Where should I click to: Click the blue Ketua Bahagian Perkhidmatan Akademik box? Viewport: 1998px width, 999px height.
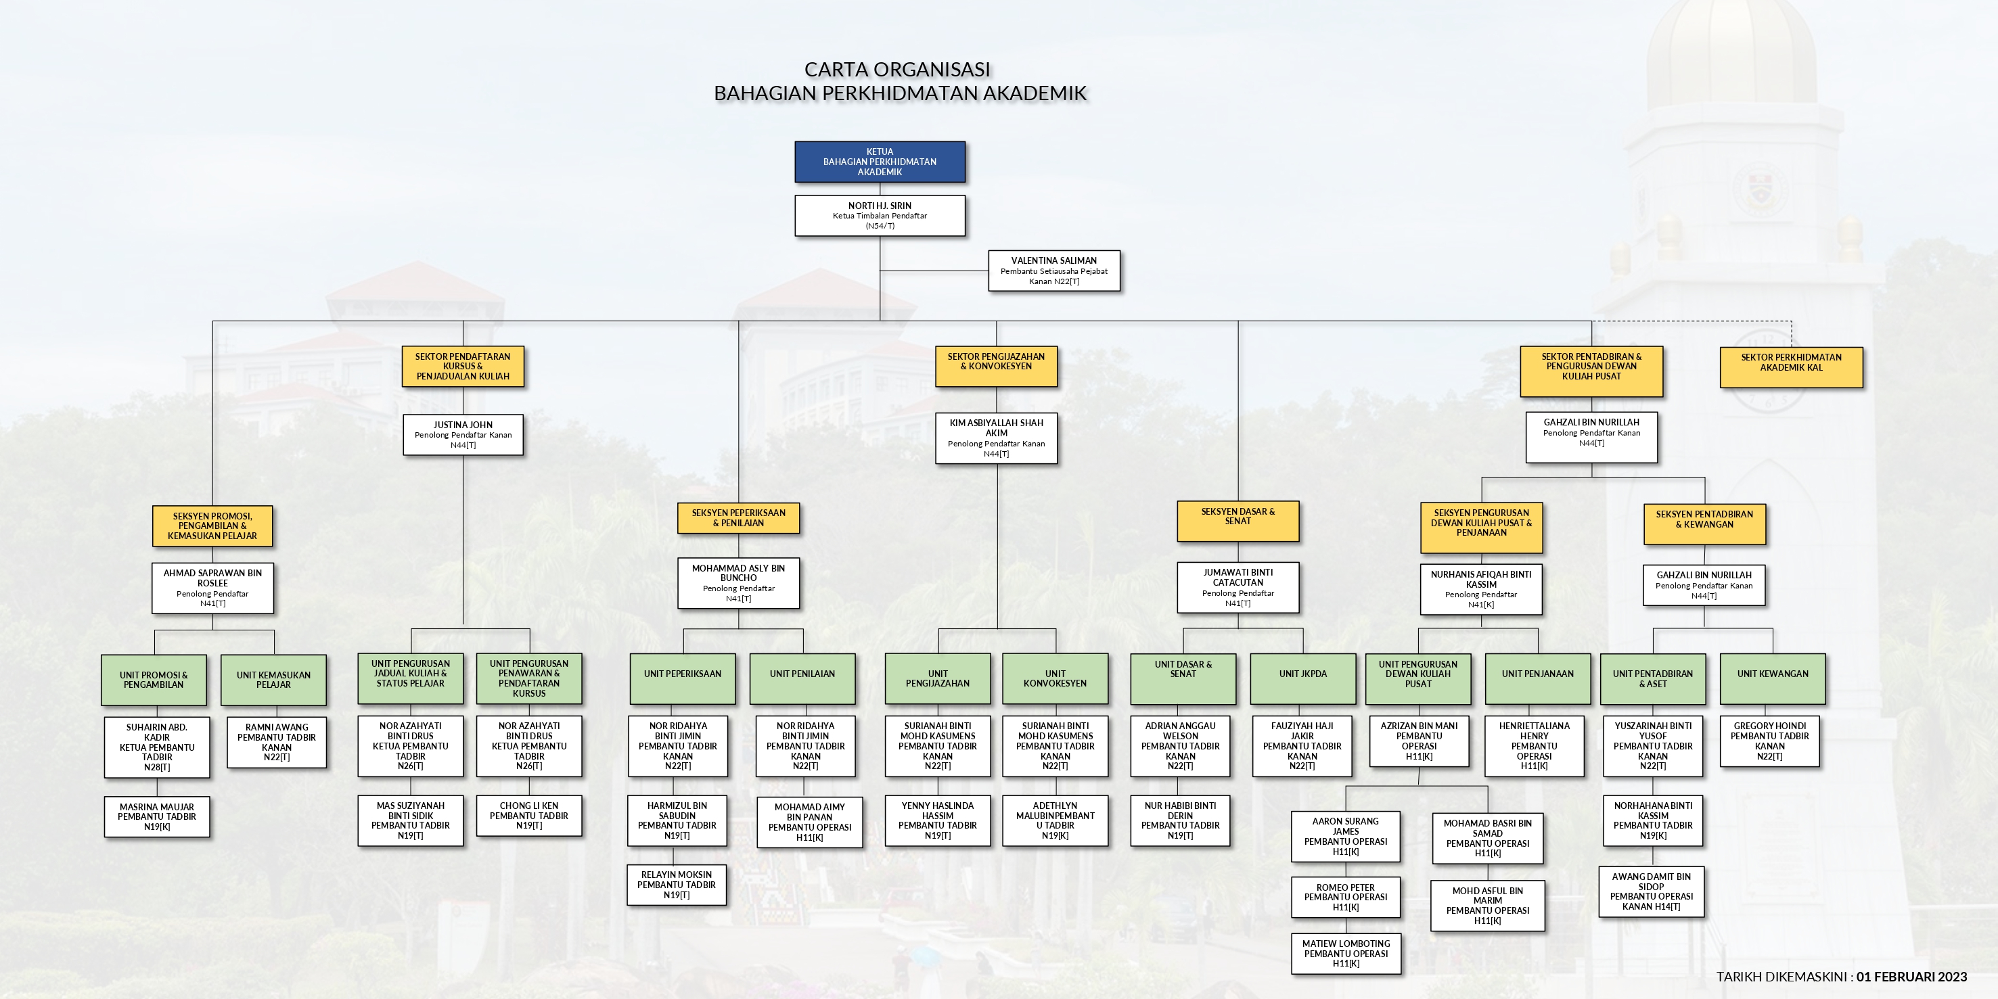coord(880,162)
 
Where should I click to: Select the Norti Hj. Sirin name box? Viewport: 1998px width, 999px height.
coord(880,216)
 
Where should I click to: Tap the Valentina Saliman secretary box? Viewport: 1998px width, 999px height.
coord(1053,271)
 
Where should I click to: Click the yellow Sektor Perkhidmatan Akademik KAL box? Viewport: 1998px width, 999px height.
coord(1791,367)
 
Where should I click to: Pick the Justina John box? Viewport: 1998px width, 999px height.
coord(463,434)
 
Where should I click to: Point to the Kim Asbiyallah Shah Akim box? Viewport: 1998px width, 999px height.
coord(996,438)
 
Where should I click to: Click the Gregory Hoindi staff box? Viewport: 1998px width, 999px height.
coord(1769,741)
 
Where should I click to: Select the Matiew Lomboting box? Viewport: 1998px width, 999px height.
coord(1346,953)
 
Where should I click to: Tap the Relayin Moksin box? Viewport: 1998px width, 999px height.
coord(677,884)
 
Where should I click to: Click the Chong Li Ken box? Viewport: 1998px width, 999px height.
coord(529,815)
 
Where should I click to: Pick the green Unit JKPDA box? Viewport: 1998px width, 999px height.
coord(1302,678)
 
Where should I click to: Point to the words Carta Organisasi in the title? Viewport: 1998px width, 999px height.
coord(897,70)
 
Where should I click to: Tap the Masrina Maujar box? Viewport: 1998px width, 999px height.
coord(157,817)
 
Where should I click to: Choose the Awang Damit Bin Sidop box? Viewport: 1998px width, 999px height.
coord(1652,891)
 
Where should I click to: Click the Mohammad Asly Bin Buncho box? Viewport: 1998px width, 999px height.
coord(738,582)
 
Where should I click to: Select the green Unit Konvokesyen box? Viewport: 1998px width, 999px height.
coord(1055,678)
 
